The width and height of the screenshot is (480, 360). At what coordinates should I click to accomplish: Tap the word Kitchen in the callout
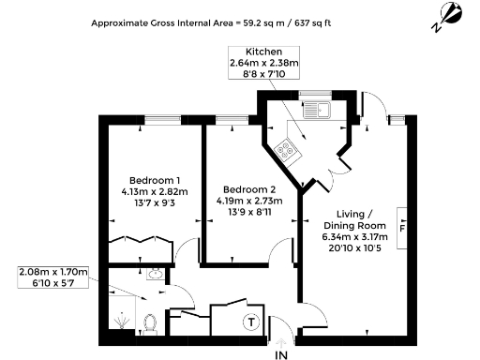[x=263, y=51]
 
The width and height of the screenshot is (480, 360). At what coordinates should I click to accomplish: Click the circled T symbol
[x=250, y=322]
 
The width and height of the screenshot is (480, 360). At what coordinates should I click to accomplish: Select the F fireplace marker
[x=402, y=228]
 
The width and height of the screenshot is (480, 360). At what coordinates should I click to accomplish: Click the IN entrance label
[x=281, y=354]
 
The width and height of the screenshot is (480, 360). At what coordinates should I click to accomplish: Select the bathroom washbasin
[x=155, y=276]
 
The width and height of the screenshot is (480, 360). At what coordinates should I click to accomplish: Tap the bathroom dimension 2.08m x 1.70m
[x=54, y=273]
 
